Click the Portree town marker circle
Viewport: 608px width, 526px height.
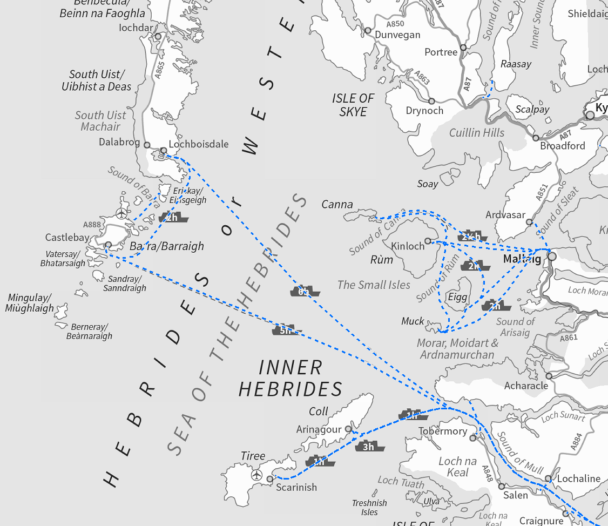click(x=463, y=48)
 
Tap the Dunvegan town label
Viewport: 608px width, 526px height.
click(x=397, y=35)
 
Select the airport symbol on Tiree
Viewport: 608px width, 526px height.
click(x=256, y=475)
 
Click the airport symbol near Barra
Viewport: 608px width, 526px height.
click(x=122, y=213)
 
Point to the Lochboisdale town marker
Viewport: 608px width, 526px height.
click(x=164, y=150)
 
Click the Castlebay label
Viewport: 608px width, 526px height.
click(x=67, y=238)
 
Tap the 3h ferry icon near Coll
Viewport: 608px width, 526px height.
click(x=369, y=447)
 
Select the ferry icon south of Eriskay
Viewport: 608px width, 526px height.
click(x=173, y=218)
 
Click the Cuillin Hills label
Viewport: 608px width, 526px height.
click(x=477, y=132)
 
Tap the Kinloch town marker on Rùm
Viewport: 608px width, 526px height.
click(x=428, y=241)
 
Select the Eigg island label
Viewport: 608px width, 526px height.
click(x=457, y=298)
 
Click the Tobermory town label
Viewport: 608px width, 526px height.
click(x=443, y=431)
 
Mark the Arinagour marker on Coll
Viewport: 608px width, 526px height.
click(x=348, y=429)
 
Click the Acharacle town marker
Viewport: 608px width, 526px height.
click(x=549, y=376)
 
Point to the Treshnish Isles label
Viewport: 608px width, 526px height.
click(x=369, y=507)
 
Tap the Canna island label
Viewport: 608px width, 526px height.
click(x=337, y=204)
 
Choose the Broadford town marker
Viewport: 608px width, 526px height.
click(x=536, y=138)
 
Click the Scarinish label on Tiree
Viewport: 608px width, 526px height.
click(x=296, y=487)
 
